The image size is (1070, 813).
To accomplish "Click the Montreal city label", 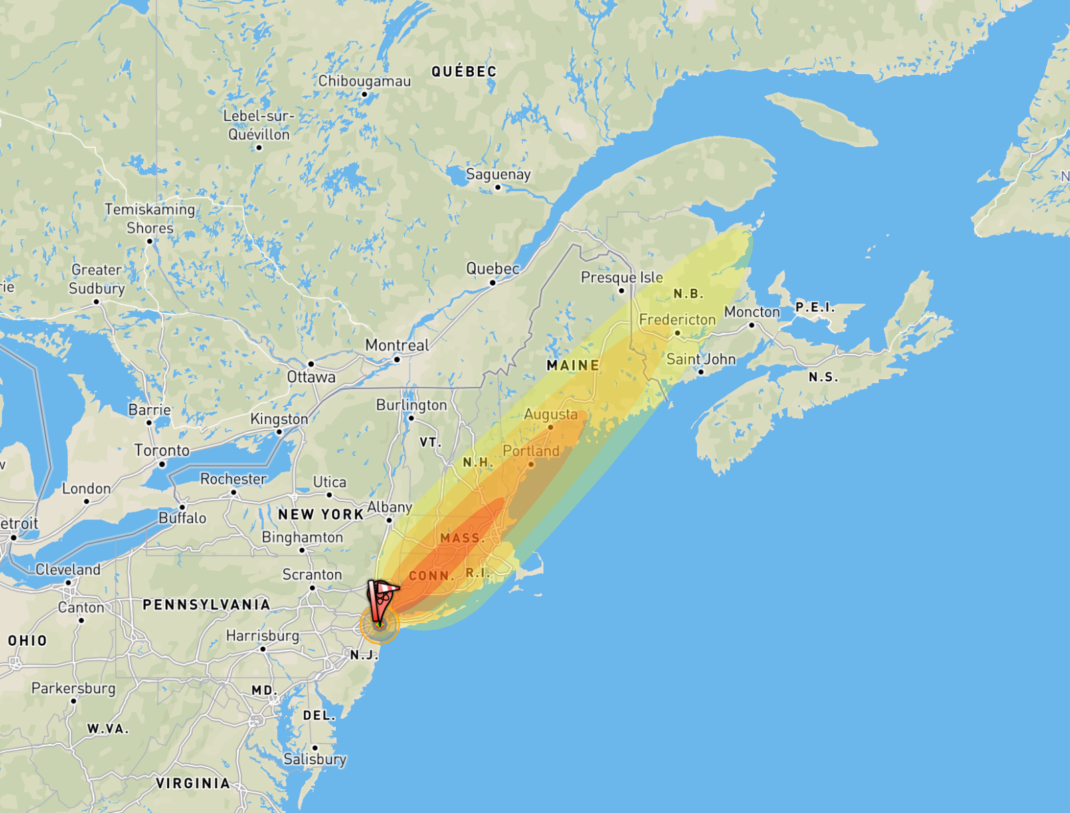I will (x=397, y=345).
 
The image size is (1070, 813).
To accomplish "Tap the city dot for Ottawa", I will (x=311, y=364).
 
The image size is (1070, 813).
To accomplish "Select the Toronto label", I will (x=162, y=450).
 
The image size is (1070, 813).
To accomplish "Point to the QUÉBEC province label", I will (x=464, y=72).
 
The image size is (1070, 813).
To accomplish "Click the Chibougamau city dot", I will (x=365, y=94).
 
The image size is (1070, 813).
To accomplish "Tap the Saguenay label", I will (x=499, y=175).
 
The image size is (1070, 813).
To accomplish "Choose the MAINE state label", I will (x=573, y=365).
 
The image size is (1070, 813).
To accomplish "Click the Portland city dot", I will (x=531, y=464).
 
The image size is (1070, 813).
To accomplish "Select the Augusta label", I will (x=551, y=415).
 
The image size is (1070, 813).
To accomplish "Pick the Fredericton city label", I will (x=677, y=320).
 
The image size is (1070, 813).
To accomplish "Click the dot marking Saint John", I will (x=701, y=372).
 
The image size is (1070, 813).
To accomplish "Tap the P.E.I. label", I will (x=815, y=307).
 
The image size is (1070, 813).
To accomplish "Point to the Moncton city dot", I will (x=752, y=325).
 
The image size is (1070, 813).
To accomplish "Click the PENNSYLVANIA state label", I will (x=206, y=604).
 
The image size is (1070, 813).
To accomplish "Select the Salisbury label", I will (x=315, y=759).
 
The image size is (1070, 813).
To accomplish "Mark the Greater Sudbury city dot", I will (x=96, y=302).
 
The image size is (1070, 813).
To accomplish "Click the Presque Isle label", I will (x=622, y=277).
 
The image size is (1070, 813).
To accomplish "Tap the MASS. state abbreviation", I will (x=462, y=538).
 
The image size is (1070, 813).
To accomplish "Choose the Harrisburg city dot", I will (x=263, y=649).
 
